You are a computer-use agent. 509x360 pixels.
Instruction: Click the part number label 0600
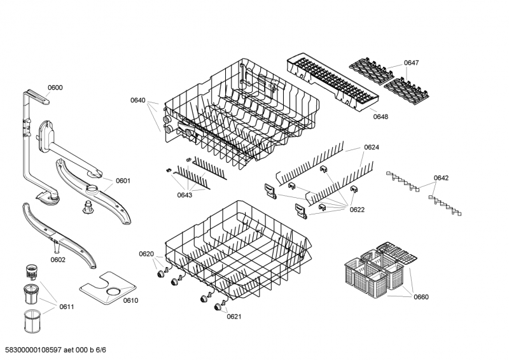[55, 88]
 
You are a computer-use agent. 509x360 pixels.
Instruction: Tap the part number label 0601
[123, 181]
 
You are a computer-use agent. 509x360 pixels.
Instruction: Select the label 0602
[58, 260]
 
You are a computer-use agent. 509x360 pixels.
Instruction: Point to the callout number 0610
[130, 300]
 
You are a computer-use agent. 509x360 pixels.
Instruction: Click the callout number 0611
[67, 307]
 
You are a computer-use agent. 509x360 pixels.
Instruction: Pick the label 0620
[146, 254]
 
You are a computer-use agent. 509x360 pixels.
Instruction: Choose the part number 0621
[234, 317]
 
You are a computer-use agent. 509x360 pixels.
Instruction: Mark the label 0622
[357, 209]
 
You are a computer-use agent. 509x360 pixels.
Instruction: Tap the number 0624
[372, 148]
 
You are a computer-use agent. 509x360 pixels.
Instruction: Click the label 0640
[138, 100]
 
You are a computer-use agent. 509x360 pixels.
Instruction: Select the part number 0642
[441, 178]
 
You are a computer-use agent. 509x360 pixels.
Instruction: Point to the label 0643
[185, 195]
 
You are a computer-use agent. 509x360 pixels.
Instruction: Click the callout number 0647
[411, 63]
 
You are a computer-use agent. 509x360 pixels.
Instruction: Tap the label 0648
[380, 116]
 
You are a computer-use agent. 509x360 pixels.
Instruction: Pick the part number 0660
[421, 296]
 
